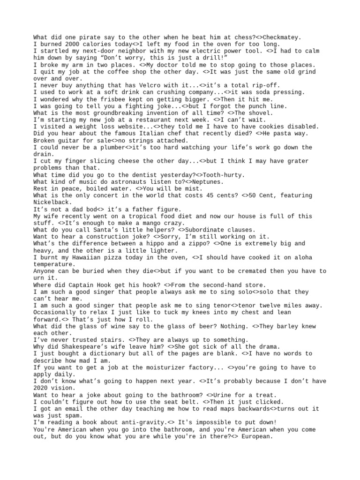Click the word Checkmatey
(282, 37)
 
